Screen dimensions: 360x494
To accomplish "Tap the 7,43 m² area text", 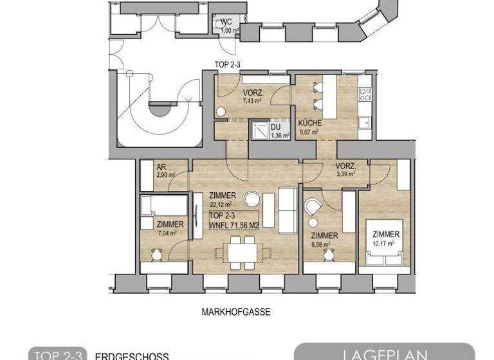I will point(252,101).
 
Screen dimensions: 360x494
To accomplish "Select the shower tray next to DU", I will point(259,130).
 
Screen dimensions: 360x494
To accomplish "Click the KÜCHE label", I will point(309,123).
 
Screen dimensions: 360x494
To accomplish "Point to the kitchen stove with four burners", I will point(365,95).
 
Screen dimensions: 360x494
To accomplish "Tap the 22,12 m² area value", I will point(221,204).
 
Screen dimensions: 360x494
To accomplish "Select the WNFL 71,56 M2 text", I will point(233,225).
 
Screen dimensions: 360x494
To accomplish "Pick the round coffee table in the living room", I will point(253,198).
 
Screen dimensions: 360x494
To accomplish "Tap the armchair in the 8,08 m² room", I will point(313,208).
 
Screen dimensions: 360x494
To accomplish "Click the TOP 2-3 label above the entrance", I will point(228,64).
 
